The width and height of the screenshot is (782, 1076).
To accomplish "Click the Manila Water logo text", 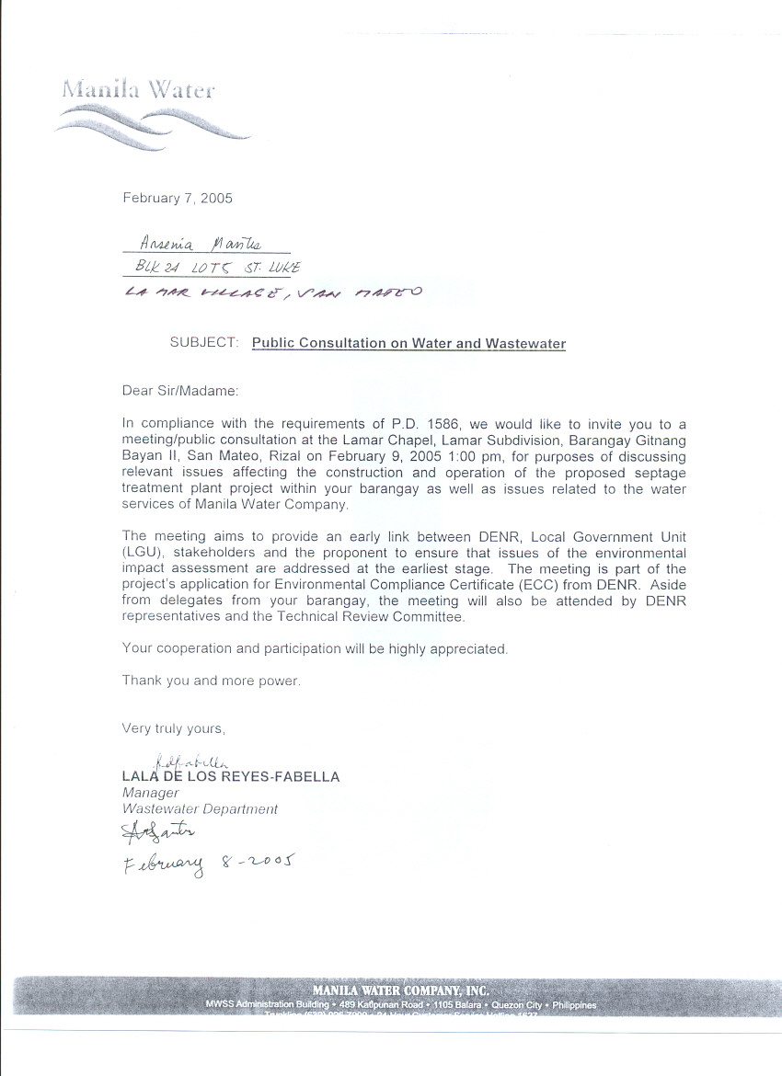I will click(138, 90).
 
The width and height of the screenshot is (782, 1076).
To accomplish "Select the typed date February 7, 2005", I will click(178, 198).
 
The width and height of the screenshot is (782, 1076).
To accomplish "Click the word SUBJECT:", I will click(204, 343).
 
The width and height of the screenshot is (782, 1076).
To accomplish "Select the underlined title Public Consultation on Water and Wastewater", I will click(408, 343).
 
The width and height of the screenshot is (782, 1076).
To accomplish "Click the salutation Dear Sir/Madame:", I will click(180, 391).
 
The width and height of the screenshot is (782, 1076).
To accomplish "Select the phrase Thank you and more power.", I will click(212, 681).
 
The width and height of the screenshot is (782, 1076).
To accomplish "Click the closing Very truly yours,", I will click(174, 728).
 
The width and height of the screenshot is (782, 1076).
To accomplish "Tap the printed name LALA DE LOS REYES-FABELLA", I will click(231, 777).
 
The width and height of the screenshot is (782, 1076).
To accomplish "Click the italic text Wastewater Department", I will click(200, 809).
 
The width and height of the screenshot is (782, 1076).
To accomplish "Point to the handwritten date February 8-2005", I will click(206, 864).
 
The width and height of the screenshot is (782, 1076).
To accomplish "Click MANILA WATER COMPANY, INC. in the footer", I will click(400, 990).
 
